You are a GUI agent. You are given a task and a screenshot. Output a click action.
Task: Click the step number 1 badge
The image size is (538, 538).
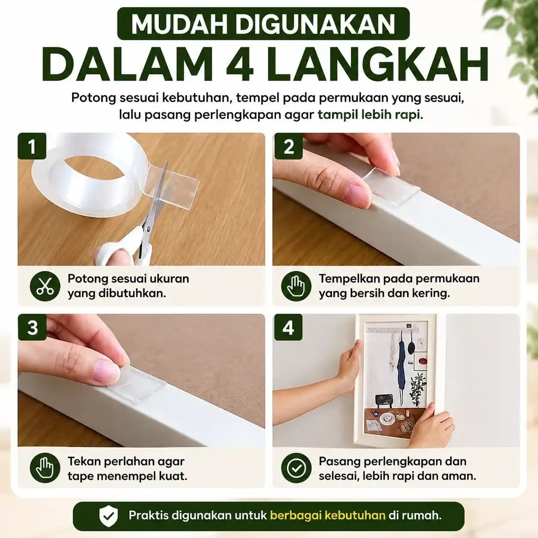32,146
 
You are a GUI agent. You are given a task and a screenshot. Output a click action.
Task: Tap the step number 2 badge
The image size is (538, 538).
288,146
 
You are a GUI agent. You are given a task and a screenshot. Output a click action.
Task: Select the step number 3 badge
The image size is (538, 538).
32,327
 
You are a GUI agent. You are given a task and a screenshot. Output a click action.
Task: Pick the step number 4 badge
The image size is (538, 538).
288,327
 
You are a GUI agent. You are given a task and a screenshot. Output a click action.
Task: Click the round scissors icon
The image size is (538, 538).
45,286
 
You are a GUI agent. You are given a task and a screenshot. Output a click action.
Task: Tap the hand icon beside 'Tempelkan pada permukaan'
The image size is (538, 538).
296,286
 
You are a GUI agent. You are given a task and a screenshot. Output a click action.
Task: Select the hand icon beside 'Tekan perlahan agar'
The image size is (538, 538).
45,468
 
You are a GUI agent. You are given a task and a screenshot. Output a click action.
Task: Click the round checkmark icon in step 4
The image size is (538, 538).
296,468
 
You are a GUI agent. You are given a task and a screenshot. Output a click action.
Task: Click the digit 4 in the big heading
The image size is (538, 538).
240,64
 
